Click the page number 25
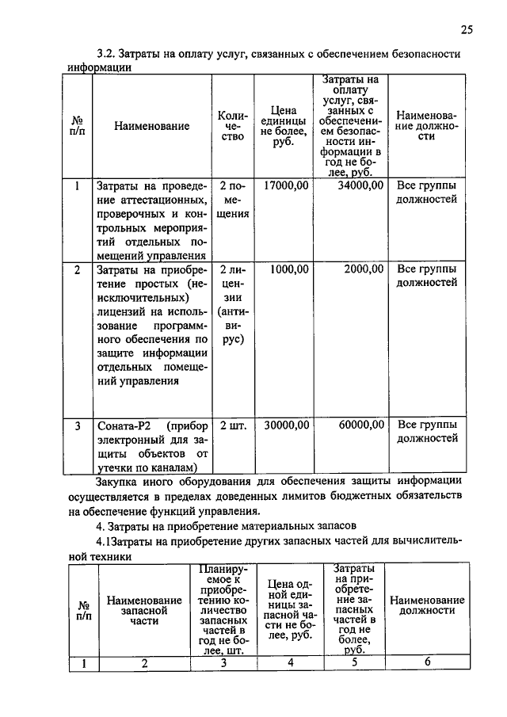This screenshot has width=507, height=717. [466, 30]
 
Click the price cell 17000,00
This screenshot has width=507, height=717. [286, 185]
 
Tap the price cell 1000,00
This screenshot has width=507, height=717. [289, 269]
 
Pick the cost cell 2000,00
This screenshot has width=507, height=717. [364, 269]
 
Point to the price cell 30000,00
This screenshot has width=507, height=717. [286, 425]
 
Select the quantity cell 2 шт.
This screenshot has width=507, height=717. [233, 425]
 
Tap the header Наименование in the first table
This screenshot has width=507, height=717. [151, 126]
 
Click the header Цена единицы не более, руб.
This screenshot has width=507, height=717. [283, 126]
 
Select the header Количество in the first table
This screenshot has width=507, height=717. [233, 126]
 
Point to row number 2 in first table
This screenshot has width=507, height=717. [78, 269]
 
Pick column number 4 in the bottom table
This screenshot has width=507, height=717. [291, 664]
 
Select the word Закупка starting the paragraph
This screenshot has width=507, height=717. [119, 481]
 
